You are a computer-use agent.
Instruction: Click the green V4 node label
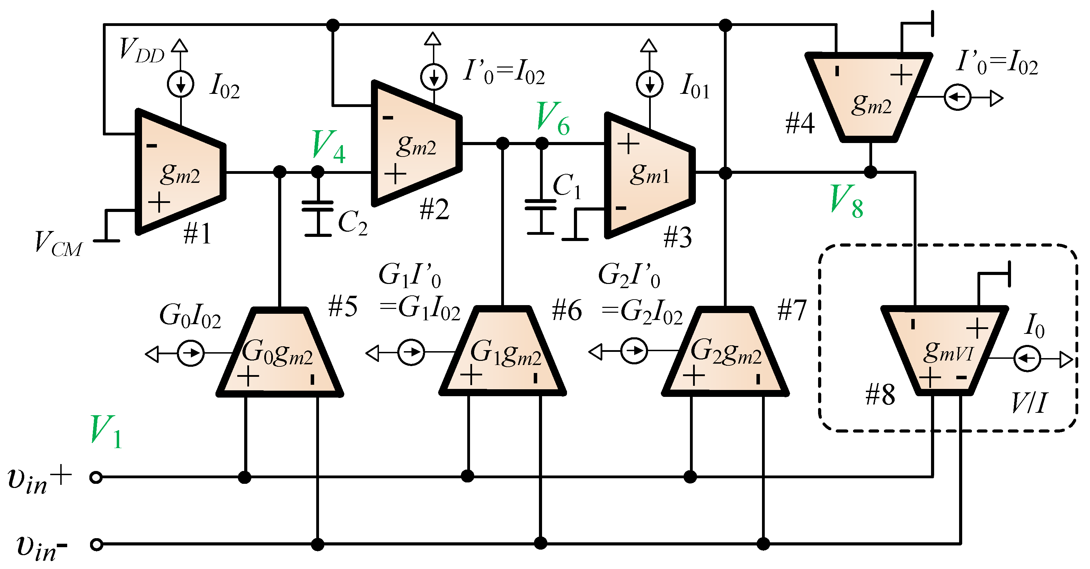pyautogui.click(x=328, y=147)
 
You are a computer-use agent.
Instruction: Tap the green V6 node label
pyautogui.click(x=552, y=119)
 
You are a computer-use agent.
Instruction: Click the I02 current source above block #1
pyautogui.click(x=181, y=84)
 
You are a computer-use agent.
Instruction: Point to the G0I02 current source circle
pyautogui.click(x=190, y=353)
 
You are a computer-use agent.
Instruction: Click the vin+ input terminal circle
pyautogui.click(x=96, y=478)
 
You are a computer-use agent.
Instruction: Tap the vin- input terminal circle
pyautogui.click(x=97, y=544)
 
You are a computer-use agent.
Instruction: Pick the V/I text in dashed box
pyautogui.click(x=1029, y=403)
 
